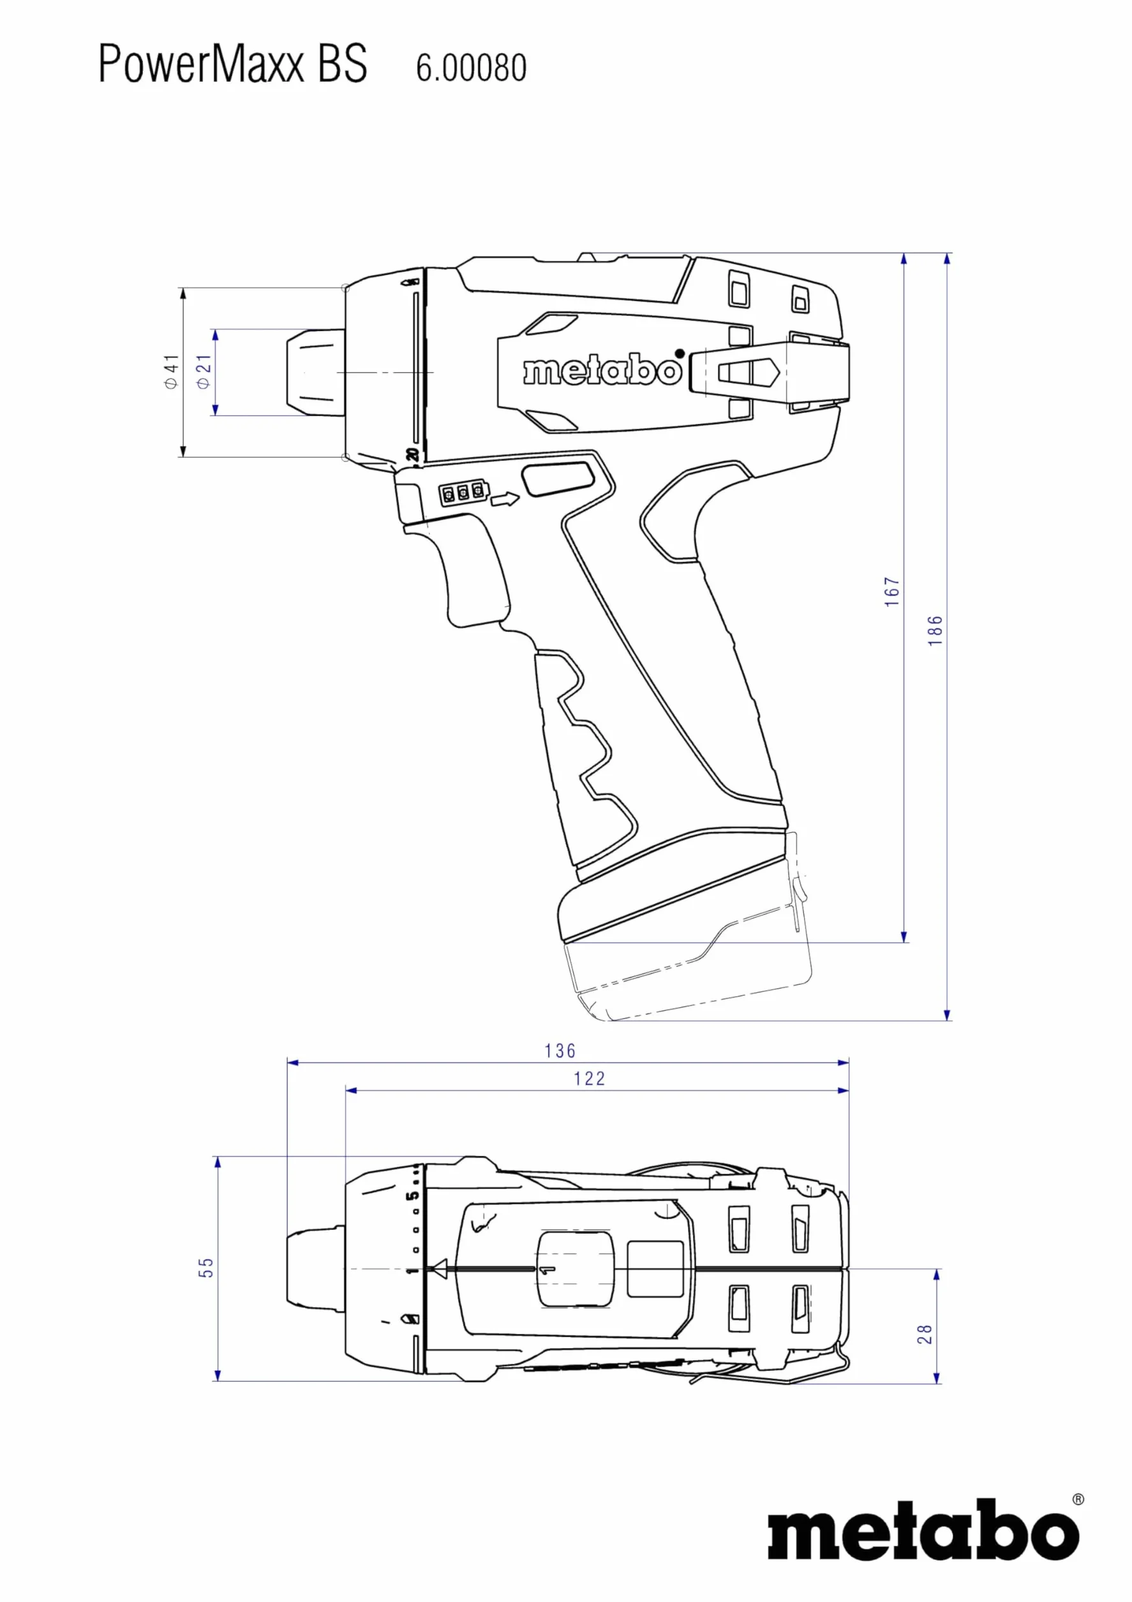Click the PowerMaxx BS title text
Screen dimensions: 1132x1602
[x=232, y=64]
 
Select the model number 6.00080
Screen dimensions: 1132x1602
[x=471, y=68]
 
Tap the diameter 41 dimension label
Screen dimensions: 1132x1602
[x=171, y=371]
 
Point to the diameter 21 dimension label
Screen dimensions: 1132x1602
[x=203, y=371]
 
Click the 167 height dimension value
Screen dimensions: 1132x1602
[x=892, y=592]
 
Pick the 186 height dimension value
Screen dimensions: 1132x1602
[x=935, y=630]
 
